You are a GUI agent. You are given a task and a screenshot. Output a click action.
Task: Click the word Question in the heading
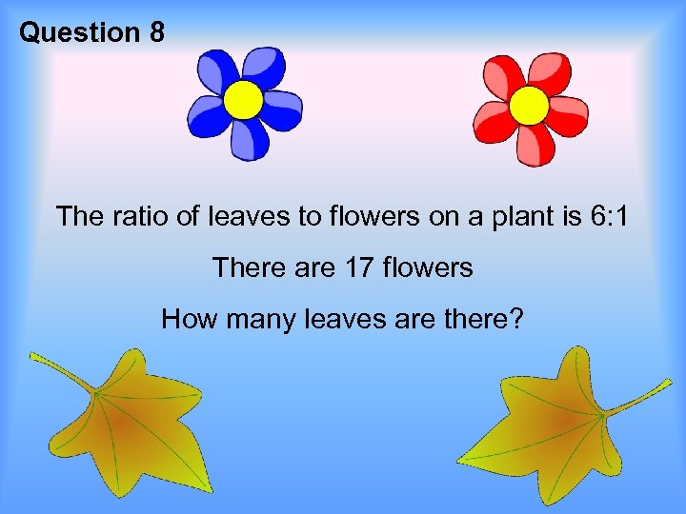tap(79, 33)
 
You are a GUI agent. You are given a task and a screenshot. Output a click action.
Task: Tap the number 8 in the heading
tap(156, 33)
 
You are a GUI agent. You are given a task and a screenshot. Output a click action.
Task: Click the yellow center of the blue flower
tap(244, 99)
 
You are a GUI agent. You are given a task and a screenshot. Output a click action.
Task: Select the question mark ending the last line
tap(516, 319)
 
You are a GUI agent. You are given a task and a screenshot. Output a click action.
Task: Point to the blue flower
tap(244, 103)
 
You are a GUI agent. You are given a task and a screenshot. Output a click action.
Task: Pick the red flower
tap(530, 106)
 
